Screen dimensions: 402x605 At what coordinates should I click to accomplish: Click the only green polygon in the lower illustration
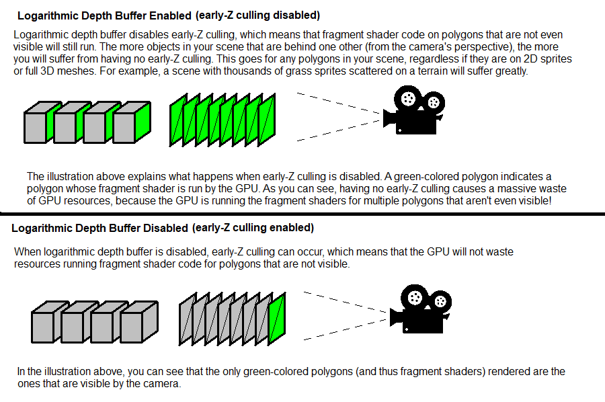point(276,319)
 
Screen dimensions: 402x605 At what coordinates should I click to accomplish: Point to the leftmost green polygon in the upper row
point(177,122)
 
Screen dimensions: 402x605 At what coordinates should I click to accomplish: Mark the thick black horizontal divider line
point(302,214)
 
